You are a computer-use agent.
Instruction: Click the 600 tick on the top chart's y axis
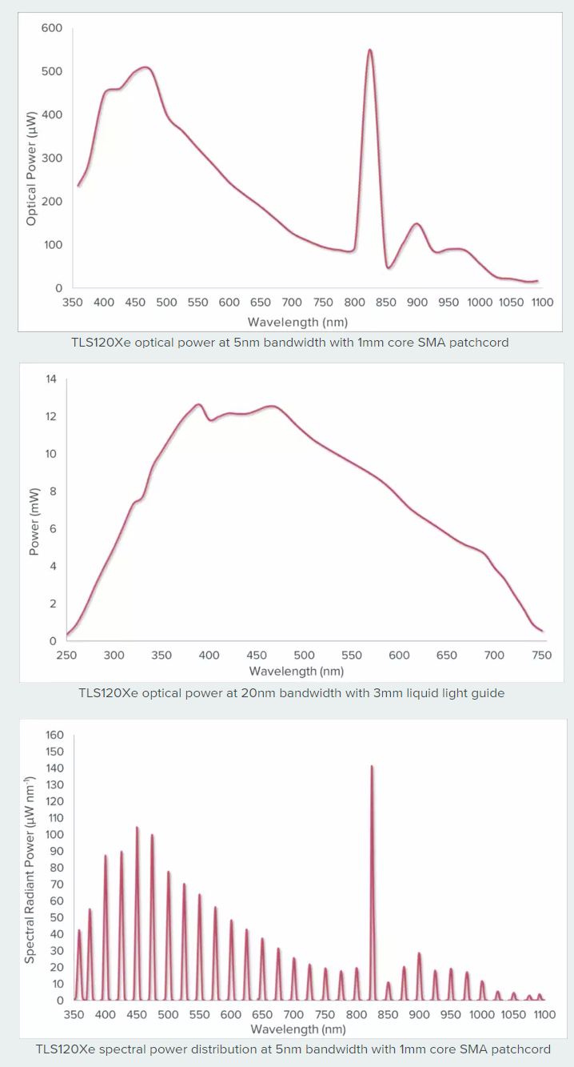51,28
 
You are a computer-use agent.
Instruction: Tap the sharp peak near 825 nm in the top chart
370,50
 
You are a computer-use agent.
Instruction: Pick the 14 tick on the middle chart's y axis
51,379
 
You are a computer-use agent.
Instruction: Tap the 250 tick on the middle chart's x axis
66,656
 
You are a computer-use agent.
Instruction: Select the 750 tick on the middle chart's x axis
542,656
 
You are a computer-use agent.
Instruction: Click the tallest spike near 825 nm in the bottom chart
372,767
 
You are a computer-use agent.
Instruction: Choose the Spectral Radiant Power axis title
30,868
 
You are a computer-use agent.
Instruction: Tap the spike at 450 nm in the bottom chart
137,828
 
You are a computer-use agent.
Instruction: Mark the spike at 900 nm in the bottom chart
419,954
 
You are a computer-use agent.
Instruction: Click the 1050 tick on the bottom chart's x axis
513,1015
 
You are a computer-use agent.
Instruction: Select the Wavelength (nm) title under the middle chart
297,672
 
